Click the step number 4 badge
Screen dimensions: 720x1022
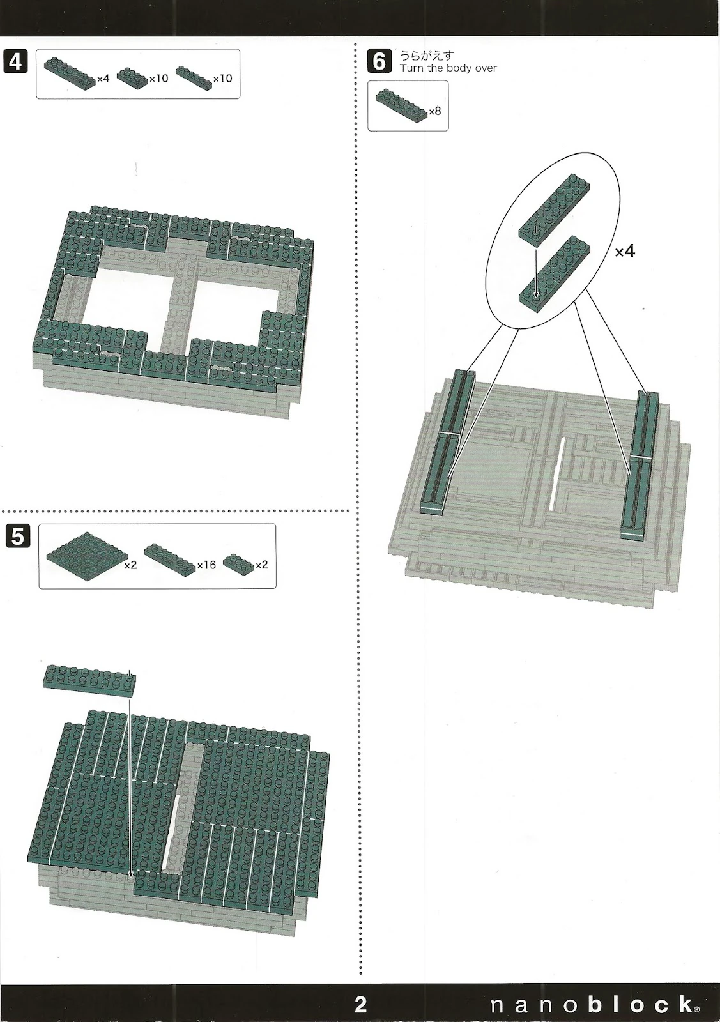(15, 61)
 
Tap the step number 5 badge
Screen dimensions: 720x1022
(18, 536)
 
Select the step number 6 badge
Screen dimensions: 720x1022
(379, 61)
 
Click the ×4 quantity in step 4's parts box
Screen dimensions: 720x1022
(103, 79)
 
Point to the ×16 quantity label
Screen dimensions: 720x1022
(206, 565)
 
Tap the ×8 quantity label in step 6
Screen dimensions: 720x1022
(435, 111)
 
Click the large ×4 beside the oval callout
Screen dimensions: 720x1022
(625, 252)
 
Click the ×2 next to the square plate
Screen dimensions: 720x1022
(130, 565)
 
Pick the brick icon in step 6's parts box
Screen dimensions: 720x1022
(402, 107)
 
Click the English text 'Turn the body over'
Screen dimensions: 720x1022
(448, 68)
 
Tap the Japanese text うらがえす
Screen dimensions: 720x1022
(427, 56)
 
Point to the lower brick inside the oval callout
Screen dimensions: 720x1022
(555, 274)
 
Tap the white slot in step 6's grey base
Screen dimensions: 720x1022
(558, 473)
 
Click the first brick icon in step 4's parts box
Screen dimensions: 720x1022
(70, 73)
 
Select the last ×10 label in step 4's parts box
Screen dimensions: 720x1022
(223, 79)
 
